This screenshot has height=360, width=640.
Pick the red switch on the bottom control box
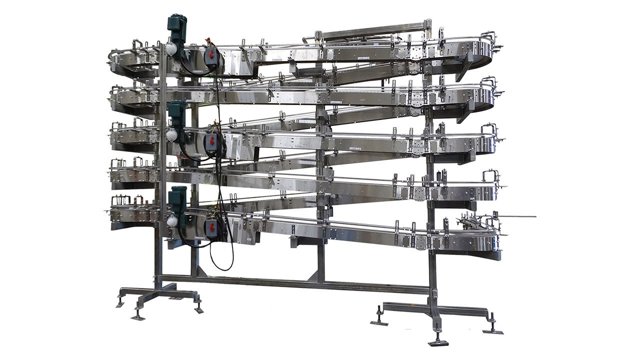211,227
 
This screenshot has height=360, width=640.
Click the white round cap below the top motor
171,48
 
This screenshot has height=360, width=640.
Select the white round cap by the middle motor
171,135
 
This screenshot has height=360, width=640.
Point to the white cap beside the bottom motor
171,220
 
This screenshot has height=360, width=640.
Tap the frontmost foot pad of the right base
438,342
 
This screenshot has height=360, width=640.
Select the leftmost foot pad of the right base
379,322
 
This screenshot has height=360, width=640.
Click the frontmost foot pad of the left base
138,316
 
